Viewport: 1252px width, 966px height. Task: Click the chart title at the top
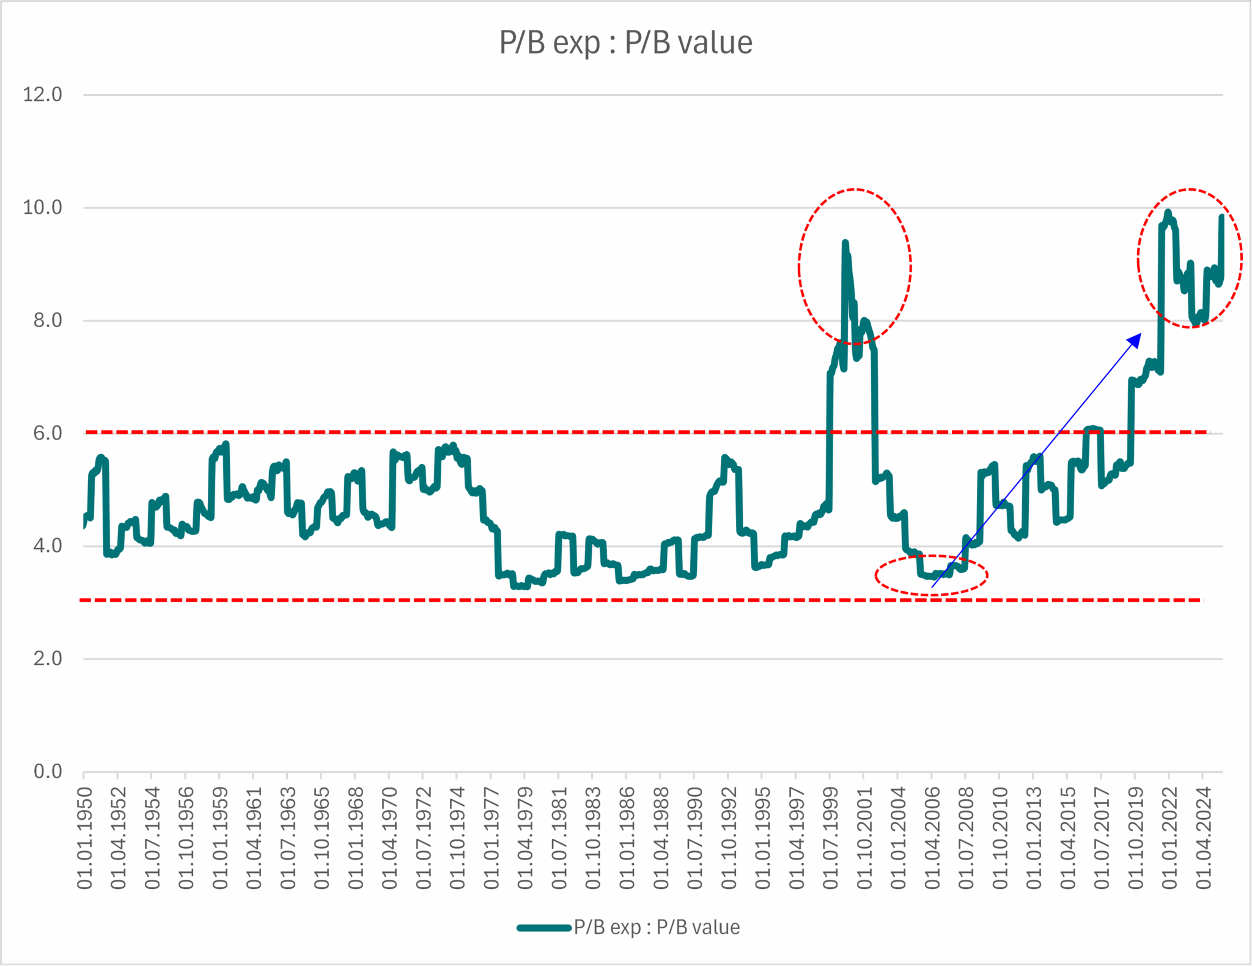click(625, 43)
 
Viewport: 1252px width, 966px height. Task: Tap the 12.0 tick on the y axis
click(42, 95)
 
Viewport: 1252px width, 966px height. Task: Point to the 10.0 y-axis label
click(42, 208)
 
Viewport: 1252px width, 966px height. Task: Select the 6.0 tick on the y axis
click(47, 433)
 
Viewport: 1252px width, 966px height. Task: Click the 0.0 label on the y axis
click(47, 772)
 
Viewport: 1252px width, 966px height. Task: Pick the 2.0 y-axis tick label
click(47, 659)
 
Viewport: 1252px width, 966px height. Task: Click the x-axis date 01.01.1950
click(84, 838)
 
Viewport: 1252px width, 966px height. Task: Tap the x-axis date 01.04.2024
click(1203, 838)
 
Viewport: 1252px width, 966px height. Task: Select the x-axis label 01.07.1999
click(830, 838)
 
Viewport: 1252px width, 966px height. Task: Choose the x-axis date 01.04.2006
click(932, 838)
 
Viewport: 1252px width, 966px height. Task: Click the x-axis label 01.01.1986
click(627, 838)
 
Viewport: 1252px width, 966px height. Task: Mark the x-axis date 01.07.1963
click(288, 838)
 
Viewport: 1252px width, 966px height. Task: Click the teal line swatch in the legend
click(543, 927)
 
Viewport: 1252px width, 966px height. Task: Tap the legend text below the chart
click(657, 927)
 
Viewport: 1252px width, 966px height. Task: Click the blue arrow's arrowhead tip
click(1140, 334)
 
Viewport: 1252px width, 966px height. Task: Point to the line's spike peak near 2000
click(845, 243)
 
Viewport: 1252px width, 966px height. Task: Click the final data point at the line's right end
click(1221, 216)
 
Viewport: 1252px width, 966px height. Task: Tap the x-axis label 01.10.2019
click(1135, 838)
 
